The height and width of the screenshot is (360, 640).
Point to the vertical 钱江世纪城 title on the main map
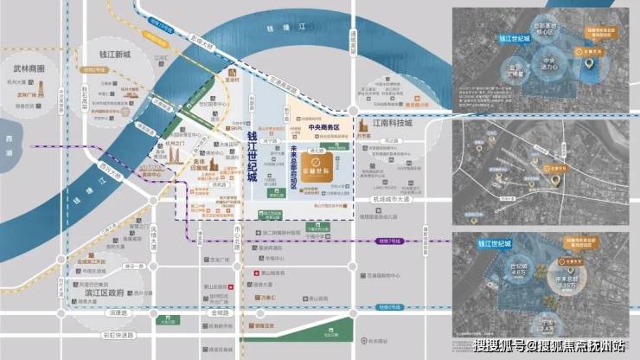[x=253, y=165]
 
